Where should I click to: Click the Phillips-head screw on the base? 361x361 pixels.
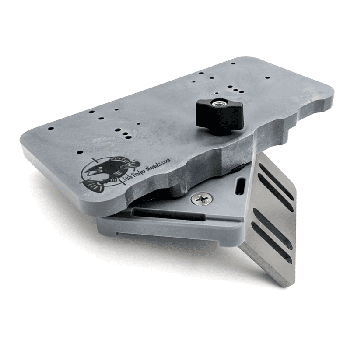pyautogui.click(x=201, y=198)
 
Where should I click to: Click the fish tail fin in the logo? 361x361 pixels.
pyautogui.click(x=91, y=184)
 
